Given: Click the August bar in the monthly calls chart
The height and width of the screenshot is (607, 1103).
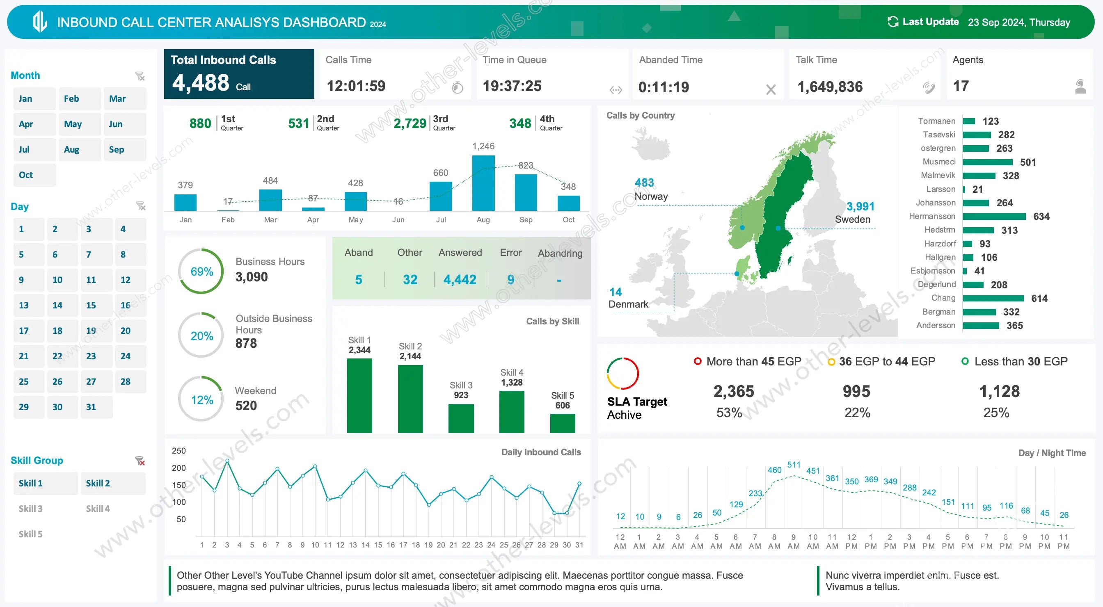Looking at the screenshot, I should tap(483, 183).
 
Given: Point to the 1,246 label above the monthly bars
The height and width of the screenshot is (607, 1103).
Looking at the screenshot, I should tap(483, 146).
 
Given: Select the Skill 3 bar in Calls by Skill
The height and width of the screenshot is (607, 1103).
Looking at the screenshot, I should tap(461, 418).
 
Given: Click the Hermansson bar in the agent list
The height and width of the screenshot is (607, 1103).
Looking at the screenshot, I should tap(994, 217).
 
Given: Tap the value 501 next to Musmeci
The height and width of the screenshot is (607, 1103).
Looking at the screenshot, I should tap(1027, 162).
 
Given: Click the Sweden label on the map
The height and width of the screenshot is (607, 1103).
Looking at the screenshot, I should tap(852, 219).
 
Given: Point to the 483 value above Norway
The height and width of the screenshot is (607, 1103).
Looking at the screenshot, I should tap(644, 183).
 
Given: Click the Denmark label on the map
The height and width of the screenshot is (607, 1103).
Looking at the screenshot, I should tap(628, 304).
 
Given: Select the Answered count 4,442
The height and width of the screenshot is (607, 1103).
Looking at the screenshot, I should tap(460, 280).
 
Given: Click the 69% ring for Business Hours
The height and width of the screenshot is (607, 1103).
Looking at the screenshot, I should tap(201, 272).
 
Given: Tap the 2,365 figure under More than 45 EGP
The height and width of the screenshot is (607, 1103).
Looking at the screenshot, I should tap(733, 391).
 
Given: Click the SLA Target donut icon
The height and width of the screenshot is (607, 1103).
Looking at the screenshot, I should tap(622, 373).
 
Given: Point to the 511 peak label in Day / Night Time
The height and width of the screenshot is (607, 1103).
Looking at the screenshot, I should tap(794, 464).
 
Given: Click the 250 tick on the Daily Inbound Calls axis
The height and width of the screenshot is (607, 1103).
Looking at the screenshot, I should tap(178, 451).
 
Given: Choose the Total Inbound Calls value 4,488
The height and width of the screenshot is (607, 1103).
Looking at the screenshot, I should tap(201, 82).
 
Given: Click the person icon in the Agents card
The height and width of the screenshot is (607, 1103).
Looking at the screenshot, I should tap(1080, 87).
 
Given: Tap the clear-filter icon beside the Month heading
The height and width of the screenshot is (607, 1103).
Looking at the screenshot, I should tap(140, 76).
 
